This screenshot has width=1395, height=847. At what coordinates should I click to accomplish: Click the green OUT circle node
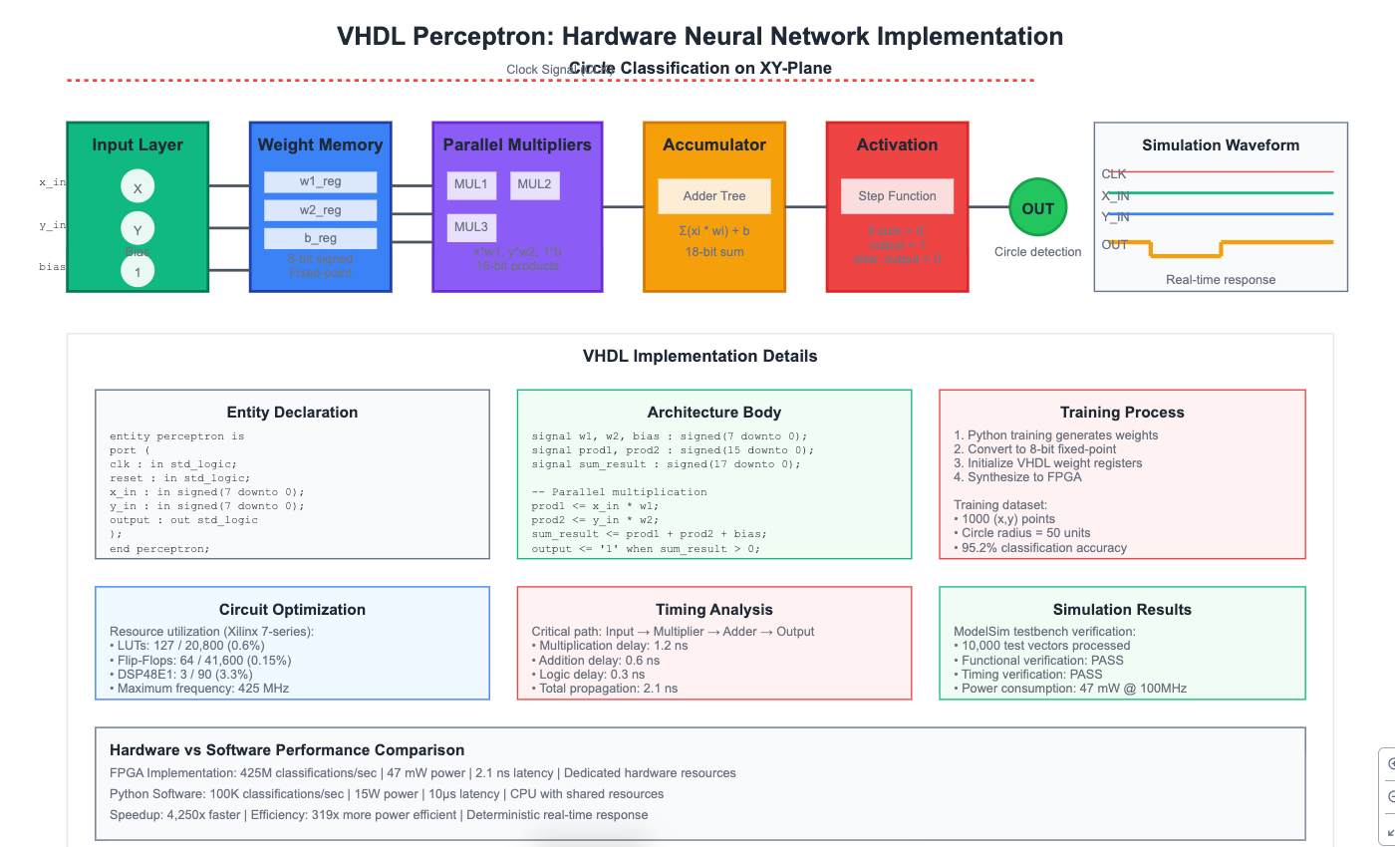click(x=1037, y=208)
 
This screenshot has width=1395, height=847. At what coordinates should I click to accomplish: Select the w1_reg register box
click(x=320, y=182)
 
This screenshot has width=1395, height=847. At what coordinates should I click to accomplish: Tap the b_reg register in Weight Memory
click(x=320, y=239)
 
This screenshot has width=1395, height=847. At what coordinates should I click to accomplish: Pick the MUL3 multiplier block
click(x=470, y=226)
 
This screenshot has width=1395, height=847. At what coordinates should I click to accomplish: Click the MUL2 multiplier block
click(x=534, y=184)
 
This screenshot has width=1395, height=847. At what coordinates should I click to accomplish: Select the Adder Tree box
click(x=713, y=196)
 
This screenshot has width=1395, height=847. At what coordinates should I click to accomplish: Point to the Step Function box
click(x=897, y=196)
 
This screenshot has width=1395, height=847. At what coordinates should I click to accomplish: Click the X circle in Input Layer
click(x=138, y=188)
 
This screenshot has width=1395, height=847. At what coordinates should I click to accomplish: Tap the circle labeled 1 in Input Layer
click(x=138, y=271)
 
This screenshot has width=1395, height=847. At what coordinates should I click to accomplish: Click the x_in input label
click(x=53, y=182)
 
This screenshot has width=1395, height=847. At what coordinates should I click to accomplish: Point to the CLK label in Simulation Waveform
click(x=1114, y=174)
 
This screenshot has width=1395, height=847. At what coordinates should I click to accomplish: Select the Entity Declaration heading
click(x=292, y=413)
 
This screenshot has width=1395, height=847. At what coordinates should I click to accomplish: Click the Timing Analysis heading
click(x=713, y=610)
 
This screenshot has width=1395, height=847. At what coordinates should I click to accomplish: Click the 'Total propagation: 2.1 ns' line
click(x=604, y=688)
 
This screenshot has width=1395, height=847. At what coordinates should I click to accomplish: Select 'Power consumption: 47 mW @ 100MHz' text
click(x=1070, y=688)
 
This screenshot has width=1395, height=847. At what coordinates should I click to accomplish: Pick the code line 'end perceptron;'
click(x=159, y=548)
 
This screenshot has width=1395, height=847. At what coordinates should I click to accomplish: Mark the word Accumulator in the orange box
click(x=713, y=145)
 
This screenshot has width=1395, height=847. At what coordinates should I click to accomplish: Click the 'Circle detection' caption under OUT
click(x=1037, y=252)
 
